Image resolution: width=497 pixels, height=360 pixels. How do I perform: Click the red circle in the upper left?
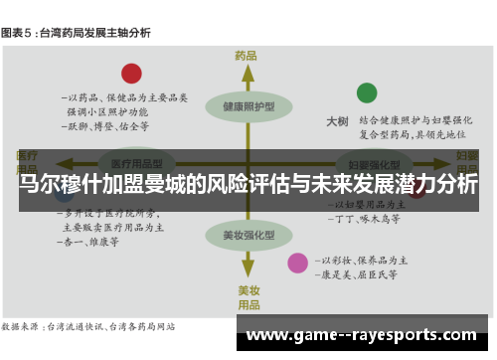click(131, 73)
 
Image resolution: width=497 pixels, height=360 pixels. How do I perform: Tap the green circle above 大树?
click(367, 93)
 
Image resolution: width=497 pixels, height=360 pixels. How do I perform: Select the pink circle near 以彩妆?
click(297, 263)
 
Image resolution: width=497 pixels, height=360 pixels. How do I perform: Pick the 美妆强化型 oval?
click(248, 236)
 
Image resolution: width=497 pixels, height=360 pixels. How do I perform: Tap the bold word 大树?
click(337, 121)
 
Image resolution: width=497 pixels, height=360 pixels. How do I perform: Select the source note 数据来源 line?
click(89, 325)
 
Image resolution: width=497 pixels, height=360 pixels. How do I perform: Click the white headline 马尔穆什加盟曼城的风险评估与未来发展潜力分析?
click(248, 185)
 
